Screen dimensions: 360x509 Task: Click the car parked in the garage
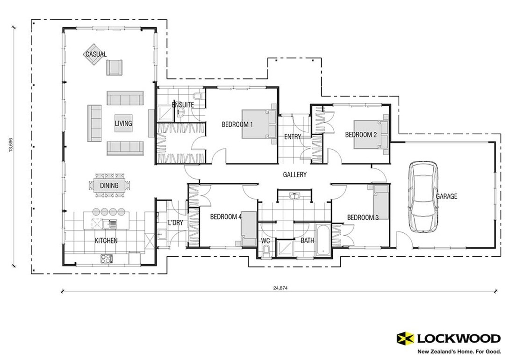pos(423,197)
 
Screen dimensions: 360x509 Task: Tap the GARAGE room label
pos(446,197)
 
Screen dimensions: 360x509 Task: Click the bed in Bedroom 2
pos(371,135)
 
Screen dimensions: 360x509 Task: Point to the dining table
pos(109,186)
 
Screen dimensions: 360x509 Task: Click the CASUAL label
pos(96,54)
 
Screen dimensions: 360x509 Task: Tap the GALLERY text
pos(294,175)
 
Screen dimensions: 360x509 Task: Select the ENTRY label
pos(292,137)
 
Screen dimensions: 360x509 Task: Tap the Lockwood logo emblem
pos(405,338)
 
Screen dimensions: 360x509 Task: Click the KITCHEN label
pos(106,241)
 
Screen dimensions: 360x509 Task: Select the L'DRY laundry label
pos(175,223)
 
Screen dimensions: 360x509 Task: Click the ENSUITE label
pos(183,105)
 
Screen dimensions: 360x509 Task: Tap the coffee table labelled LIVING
pos(123,123)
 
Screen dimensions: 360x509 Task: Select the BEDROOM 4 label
pos(226,217)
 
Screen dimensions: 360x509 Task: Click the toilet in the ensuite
pos(198,96)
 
